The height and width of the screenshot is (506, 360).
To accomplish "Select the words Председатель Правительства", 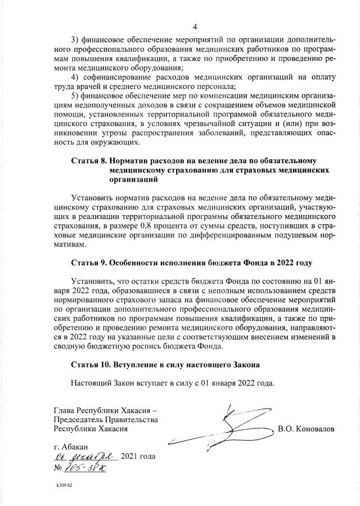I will point(105,419).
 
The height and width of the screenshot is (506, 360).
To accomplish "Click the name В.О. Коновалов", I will point(306,428).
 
